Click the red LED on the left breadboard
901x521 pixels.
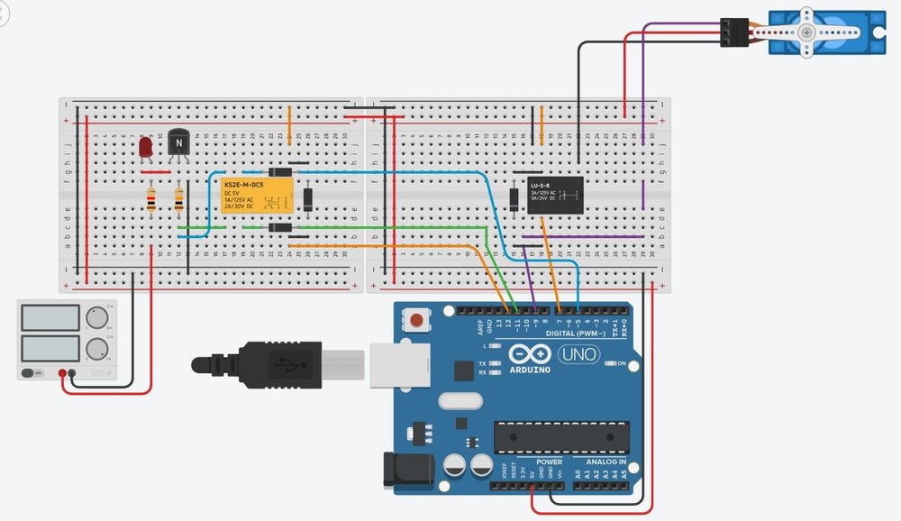pos(146,146)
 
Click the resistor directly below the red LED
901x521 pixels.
pos(150,199)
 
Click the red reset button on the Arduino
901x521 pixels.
pos(417,319)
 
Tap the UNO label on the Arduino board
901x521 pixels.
pos(578,354)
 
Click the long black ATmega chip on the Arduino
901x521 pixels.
pos(560,436)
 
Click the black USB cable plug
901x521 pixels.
pos(261,364)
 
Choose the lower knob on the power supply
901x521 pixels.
pos(97,348)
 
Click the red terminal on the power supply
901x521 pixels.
pos(62,373)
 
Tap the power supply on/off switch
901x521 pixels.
pos(31,372)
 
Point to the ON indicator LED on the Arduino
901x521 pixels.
pos(609,363)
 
